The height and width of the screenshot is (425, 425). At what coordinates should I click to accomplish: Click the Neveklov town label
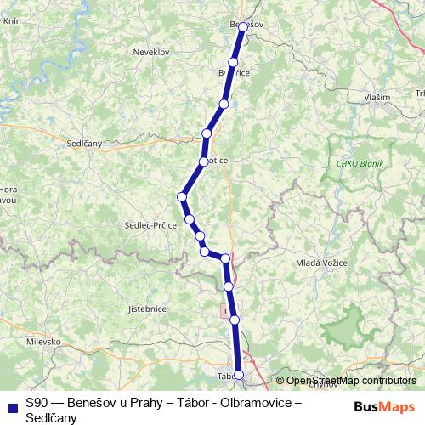pyautogui.click(x=151, y=52)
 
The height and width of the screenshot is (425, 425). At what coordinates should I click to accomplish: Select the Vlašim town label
pyautogui.click(x=377, y=98)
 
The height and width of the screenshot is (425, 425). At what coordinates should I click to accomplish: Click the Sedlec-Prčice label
pyautogui.click(x=151, y=225)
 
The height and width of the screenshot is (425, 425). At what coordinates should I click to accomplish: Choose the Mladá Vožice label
pyautogui.click(x=319, y=263)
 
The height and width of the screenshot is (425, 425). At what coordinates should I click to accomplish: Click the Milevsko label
pyautogui.click(x=42, y=341)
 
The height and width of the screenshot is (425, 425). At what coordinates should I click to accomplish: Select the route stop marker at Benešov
pyautogui.click(x=243, y=27)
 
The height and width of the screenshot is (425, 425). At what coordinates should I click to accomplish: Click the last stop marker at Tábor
pyautogui.click(x=239, y=375)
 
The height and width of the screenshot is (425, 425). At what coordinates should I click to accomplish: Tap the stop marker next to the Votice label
pyautogui.click(x=204, y=161)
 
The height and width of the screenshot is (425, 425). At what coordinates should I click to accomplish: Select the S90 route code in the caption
pyautogui.click(x=37, y=404)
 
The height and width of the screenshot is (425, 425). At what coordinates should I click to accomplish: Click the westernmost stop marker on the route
pyautogui.click(x=182, y=197)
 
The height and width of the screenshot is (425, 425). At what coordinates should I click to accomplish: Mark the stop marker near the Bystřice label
pyautogui.click(x=233, y=63)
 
